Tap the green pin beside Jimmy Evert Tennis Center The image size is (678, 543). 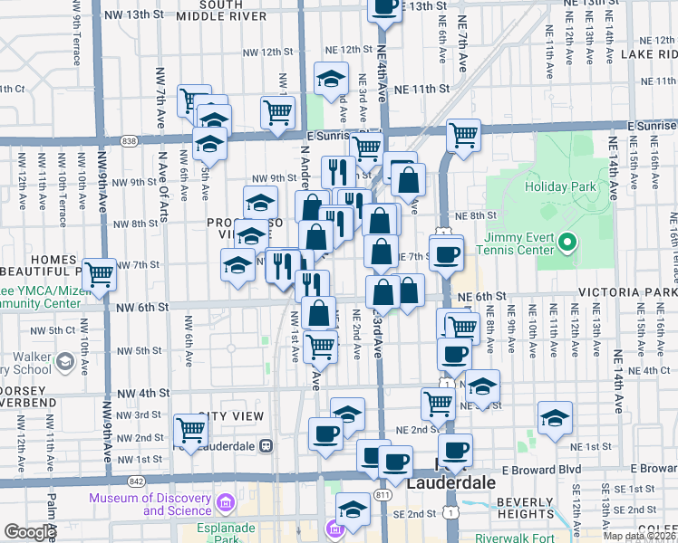(x=568, y=243)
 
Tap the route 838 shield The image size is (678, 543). (x=130, y=140)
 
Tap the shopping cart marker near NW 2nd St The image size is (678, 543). (x=190, y=430)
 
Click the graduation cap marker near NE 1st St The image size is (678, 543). (x=555, y=418)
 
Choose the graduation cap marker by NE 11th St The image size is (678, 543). (x=332, y=78)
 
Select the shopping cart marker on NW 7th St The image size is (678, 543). (x=100, y=271)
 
